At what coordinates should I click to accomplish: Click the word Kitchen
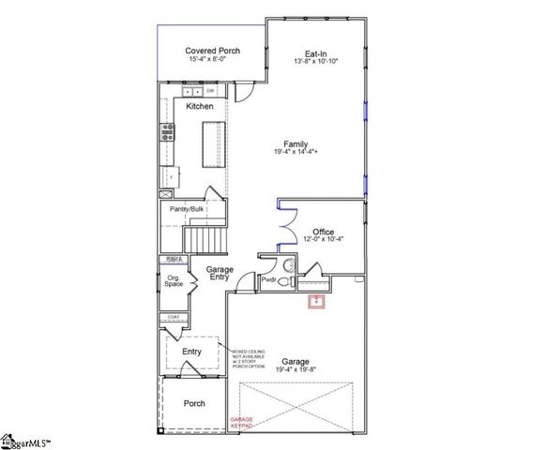[x=200, y=107]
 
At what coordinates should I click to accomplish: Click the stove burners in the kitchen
[x=168, y=132]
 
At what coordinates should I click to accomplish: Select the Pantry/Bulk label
[x=187, y=209]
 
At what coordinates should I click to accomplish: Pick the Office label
[x=324, y=232]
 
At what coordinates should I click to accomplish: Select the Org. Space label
[x=174, y=279]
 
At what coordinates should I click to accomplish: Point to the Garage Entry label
[x=220, y=274]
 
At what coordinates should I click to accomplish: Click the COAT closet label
[x=174, y=318]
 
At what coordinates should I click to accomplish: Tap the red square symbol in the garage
[x=318, y=301]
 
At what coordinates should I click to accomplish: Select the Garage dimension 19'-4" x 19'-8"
[x=296, y=369]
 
